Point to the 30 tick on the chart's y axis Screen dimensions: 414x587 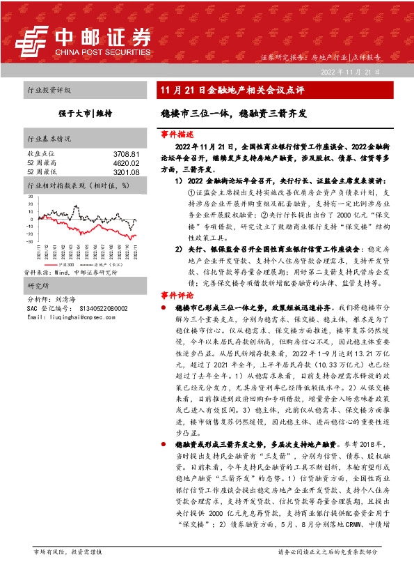(30, 197)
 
